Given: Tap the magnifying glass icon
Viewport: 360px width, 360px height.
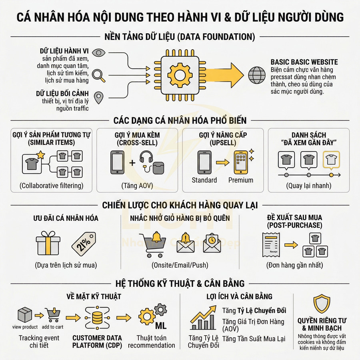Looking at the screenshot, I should coord(98,75).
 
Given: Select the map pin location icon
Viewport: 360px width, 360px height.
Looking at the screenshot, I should coord(98,96).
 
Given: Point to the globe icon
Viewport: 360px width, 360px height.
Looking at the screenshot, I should coord(256,74).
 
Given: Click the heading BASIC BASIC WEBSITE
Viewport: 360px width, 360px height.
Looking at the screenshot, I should coord(304,62).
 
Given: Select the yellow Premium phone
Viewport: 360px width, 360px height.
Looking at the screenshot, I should coord(241,162).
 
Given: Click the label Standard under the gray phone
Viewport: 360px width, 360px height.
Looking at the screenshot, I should coord(204,180).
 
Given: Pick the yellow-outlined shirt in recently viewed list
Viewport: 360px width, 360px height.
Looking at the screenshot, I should coord(331,160).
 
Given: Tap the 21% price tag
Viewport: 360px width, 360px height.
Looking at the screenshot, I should coord(83,243).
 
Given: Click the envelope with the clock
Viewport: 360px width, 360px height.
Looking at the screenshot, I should coord(212,243).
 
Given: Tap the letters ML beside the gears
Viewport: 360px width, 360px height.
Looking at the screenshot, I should coord(161,325).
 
